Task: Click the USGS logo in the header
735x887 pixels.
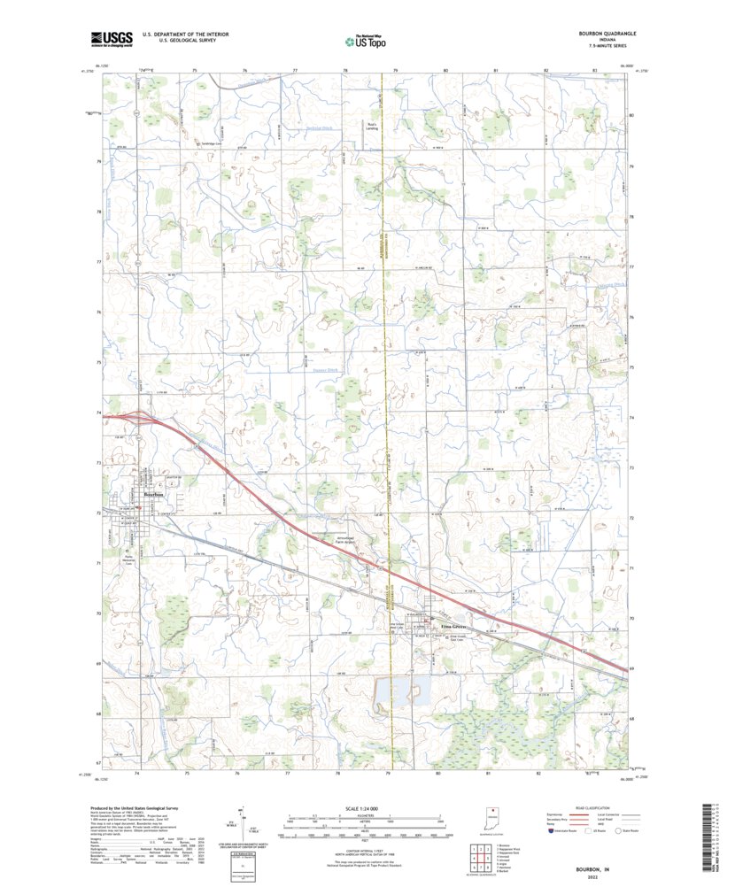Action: click(x=111, y=38)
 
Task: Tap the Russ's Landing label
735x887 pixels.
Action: click(x=373, y=127)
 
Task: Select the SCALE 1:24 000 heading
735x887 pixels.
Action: click(x=364, y=809)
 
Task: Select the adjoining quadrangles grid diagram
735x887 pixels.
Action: click(x=477, y=858)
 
